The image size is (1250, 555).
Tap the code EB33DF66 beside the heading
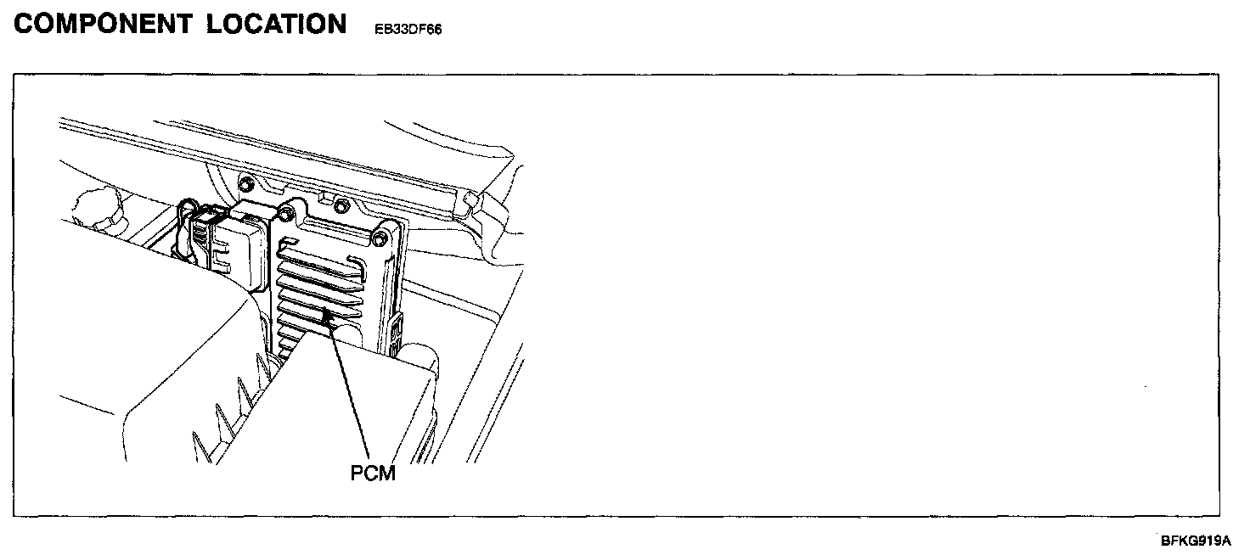tap(408, 29)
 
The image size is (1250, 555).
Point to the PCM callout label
tap(374, 473)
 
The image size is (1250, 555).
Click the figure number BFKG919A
tap(1196, 541)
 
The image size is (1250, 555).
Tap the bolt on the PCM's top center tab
tap(339, 205)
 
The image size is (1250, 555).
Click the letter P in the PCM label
tap(358, 473)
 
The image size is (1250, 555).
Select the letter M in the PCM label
tap(387, 473)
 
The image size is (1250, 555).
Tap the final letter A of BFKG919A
tap(1225, 541)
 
